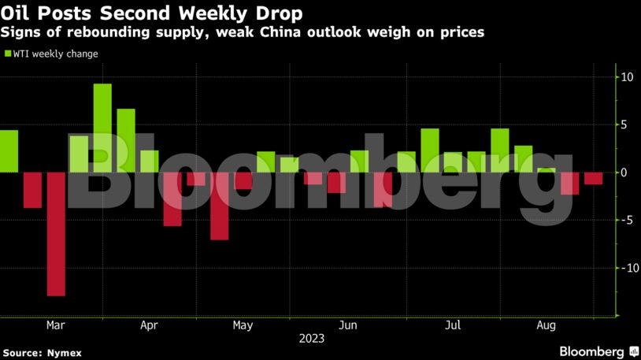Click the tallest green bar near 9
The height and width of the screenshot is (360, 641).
(x=102, y=127)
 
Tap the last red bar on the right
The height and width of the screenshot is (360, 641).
(x=594, y=178)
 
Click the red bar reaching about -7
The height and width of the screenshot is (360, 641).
(x=219, y=206)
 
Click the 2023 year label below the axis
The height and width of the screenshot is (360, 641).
(x=311, y=340)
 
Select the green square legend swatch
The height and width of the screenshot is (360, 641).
(x=8, y=54)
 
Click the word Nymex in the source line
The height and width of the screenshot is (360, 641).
(x=63, y=354)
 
